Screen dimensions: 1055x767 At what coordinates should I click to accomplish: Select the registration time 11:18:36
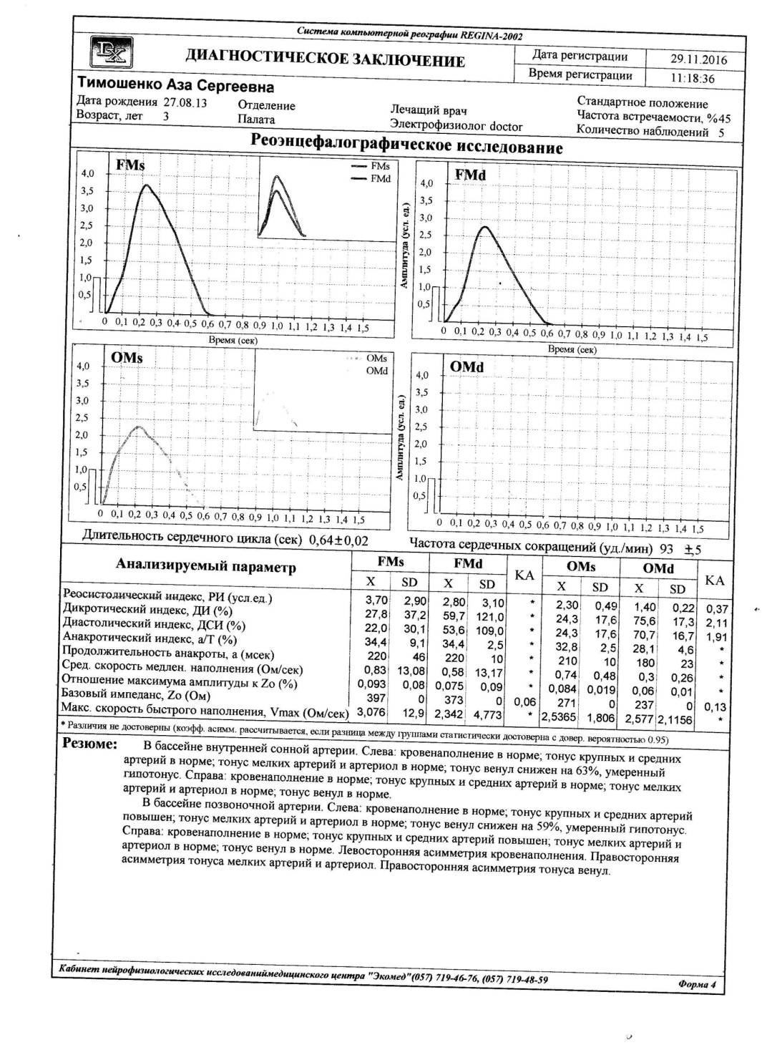click(692, 78)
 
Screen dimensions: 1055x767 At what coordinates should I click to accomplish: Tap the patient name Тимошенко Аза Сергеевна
click(175, 87)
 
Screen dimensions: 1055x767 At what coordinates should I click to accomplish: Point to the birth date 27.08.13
click(185, 102)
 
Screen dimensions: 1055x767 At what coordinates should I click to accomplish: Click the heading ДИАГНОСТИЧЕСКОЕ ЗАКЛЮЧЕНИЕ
click(325, 59)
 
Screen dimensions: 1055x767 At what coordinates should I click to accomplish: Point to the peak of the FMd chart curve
click(484, 227)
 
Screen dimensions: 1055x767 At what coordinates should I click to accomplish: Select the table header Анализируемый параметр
click(205, 567)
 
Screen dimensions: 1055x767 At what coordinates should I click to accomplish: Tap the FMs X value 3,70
click(376, 601)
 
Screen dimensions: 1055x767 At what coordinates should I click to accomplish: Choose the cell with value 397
click(376, 697)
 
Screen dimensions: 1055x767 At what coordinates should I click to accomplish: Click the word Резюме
click(90, 744)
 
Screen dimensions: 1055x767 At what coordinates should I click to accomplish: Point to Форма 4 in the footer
click(696, 985)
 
